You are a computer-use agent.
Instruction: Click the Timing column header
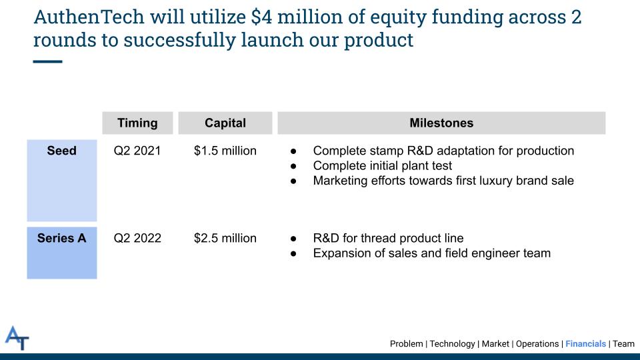point(137,123)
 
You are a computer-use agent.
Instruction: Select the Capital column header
point(225,123)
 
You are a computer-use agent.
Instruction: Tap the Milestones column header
point(441,123)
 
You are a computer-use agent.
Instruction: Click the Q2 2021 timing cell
point(137,151)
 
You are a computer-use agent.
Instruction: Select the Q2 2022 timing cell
point(137,238)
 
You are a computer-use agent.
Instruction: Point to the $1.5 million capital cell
point(225,151)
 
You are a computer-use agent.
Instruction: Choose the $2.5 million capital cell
point(225,238)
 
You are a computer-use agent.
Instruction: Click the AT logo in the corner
point(17,338)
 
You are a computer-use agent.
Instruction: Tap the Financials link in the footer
point(586,344)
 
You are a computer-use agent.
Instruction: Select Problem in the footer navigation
point(407,344)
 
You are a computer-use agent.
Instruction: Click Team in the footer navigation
point(624,344)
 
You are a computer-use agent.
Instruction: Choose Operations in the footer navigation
point(537,344)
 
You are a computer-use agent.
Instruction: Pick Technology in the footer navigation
point(452,344)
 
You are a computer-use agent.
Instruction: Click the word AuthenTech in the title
point(89,17)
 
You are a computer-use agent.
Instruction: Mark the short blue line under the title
point(48,61)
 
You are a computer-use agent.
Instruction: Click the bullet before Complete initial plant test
point(293,166)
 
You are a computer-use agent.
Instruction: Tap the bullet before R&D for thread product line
point(293,239)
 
